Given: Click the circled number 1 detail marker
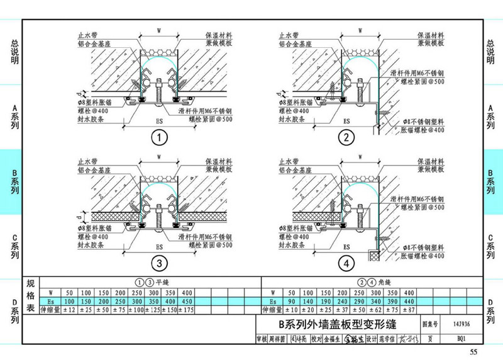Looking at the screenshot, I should pos(159,137).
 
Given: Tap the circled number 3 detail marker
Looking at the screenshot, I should pos(159,262).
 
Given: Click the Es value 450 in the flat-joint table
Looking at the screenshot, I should pos(187,301).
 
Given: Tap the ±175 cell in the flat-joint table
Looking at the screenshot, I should pos(187,309).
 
